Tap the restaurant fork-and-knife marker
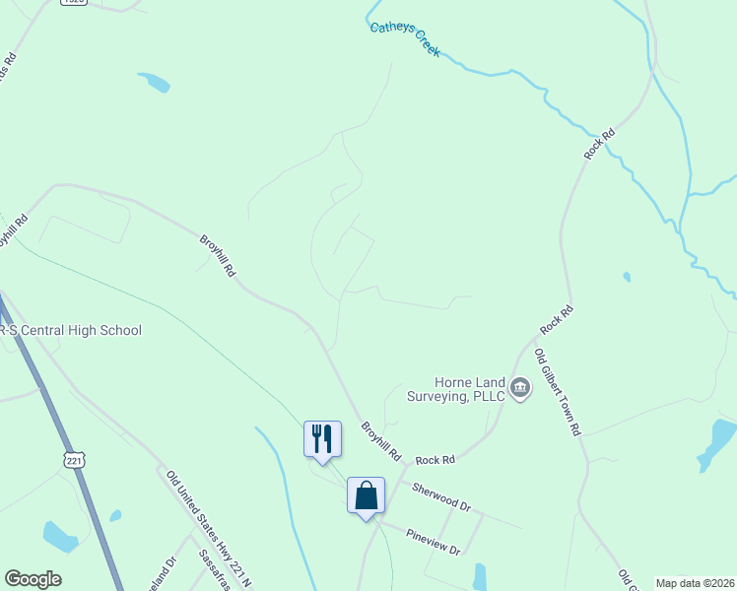(322, 438)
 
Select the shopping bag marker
(366, 494)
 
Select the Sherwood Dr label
(441, 495)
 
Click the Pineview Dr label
(433, 543)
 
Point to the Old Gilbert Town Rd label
(559, 392)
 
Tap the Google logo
(33, 579)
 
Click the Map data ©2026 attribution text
(694, 583)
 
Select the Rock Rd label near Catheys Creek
(598, 144)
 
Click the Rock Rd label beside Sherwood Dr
(435, 460)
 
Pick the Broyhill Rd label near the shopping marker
(381, 442)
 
